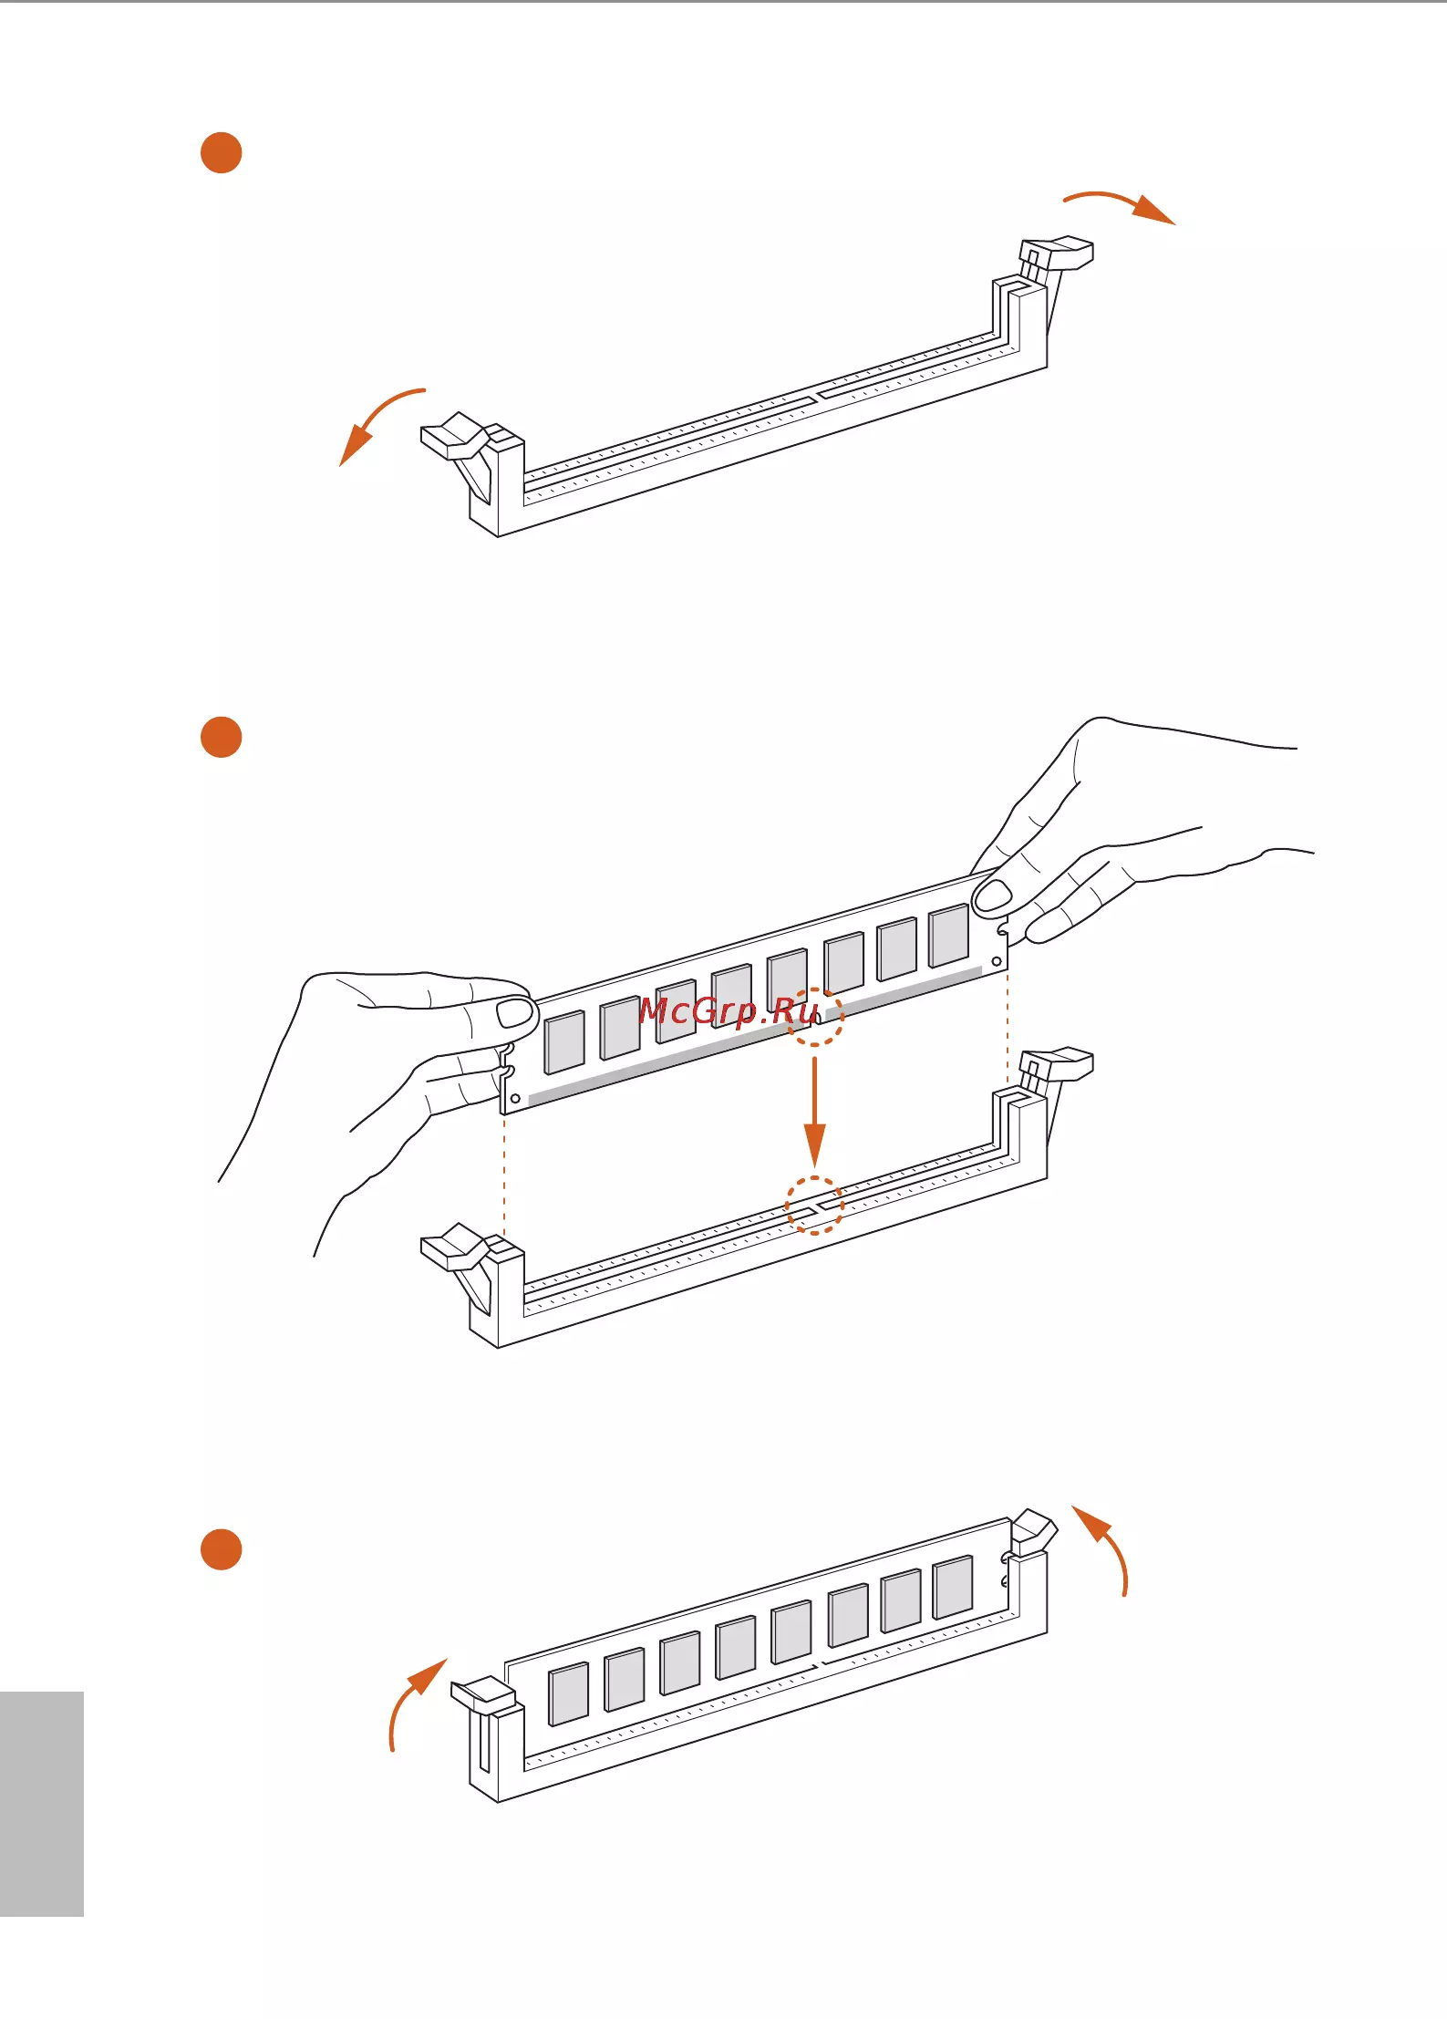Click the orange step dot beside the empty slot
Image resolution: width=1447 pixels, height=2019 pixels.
pos(221,152)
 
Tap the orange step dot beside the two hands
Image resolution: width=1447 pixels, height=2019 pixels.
pos(221,737)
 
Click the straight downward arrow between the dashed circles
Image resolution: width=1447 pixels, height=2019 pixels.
pos(814,1112)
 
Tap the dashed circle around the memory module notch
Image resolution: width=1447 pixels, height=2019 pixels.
pos(814,1017)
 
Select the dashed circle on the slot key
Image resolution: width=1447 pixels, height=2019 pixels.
pos(814,1206)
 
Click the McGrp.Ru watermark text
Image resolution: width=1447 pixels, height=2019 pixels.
pos(729,1011)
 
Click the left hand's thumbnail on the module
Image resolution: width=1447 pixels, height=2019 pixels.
pos(515,1012)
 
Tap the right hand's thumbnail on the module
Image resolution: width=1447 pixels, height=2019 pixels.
pos(993,896)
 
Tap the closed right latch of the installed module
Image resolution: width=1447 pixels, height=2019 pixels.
pos(1034,1531)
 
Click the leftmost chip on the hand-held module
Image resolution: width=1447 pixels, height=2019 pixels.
pos(564,1042)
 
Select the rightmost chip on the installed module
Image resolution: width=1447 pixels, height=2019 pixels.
pos(953,1588)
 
